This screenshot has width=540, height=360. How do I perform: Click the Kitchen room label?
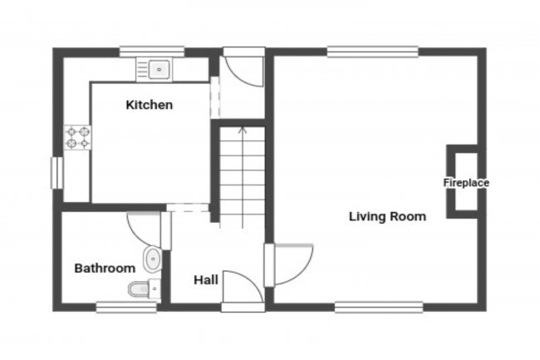click(x=150, y=105)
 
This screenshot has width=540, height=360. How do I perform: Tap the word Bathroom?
click(x=105, y=269)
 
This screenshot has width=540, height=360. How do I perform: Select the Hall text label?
click(x=206, y=280)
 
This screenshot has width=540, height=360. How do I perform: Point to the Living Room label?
click(x=387, y=217)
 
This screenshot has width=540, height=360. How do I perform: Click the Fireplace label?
click(x=465, y=183)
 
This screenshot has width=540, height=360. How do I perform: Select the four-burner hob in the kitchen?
click(x=77, y=137)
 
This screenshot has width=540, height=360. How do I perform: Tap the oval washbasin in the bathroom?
click(x=152, y=260)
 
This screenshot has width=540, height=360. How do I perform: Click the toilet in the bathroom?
click(x=140, y=289)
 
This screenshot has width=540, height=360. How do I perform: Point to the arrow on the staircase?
click(x=243, y=130)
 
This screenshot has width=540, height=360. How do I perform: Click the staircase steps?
click(x=243, y=179)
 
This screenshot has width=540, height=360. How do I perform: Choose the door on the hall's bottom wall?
click(x=242, y=291)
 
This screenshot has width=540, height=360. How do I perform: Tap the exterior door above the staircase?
click(x=244, y=68)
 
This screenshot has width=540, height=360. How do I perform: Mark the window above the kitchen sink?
click(x=151, y=52)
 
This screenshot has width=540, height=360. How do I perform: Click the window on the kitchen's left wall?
click(x=56, y=173)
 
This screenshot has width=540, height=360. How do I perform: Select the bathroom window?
click(x=126, y=307)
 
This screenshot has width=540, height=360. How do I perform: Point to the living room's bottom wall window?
click(x=378, y=307)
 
